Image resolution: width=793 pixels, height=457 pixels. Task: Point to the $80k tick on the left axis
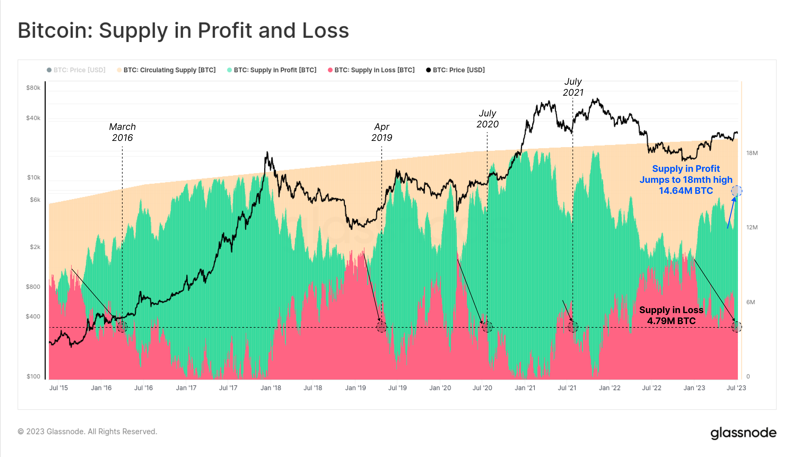[33, 88]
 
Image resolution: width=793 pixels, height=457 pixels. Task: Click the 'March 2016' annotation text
[122, 132]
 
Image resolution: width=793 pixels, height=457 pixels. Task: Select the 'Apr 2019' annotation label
[381, 132]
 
